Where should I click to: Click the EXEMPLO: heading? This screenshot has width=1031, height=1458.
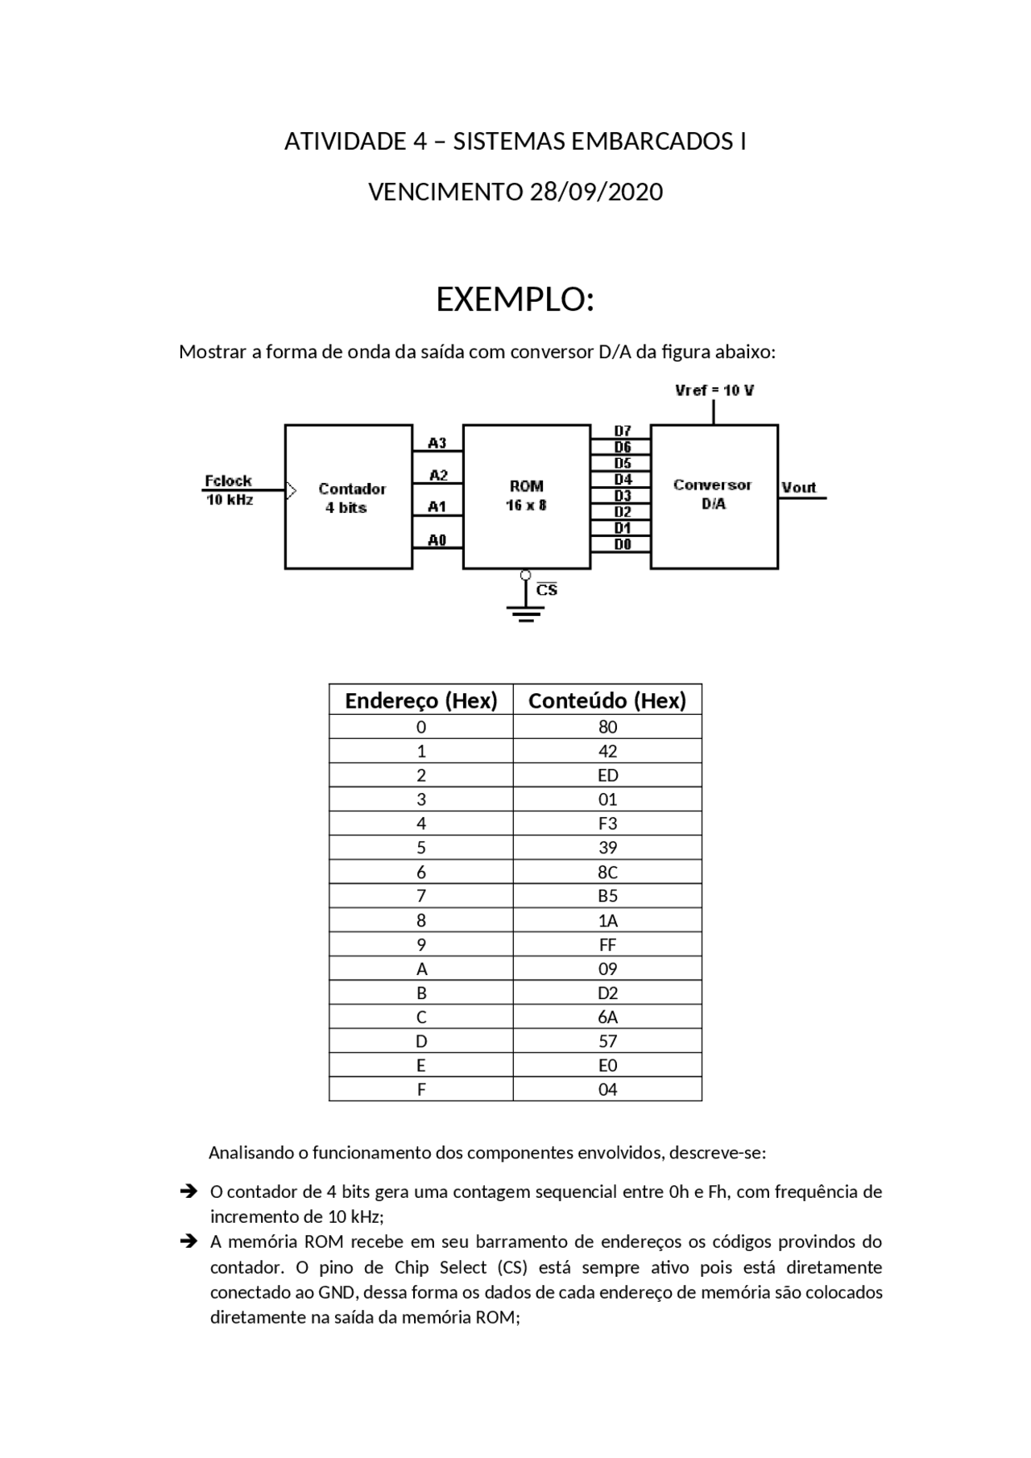515,299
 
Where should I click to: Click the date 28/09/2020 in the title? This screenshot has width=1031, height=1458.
596,192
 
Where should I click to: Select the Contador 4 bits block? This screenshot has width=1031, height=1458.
349,497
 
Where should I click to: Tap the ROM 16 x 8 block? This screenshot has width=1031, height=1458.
526,496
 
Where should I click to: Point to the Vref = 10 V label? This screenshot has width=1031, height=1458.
714,390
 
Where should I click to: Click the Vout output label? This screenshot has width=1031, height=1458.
798,487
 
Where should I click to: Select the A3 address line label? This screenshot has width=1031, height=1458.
437,443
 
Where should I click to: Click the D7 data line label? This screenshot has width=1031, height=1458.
622,431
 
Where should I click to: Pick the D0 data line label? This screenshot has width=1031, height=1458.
622,545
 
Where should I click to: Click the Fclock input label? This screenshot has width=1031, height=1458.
228,481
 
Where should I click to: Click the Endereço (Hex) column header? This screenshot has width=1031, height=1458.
420,700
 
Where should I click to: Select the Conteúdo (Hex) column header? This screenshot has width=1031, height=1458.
607,700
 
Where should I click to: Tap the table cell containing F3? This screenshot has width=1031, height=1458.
607,824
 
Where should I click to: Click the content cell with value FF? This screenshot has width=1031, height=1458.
607,944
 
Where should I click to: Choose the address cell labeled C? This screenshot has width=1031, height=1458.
420,1017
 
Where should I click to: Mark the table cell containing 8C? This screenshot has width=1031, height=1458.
607,872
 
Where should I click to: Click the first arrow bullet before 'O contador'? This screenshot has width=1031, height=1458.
188,1191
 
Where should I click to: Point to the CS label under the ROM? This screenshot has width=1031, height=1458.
547,590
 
